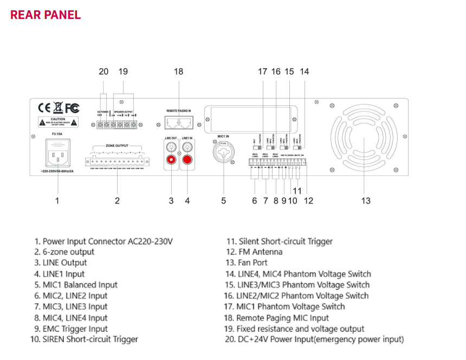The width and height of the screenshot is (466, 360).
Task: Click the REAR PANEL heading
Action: click(x=46, y=15)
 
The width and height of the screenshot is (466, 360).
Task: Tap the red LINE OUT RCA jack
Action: click(x=172, y=160)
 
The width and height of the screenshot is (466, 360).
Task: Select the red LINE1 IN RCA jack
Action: click(x=188, y=160)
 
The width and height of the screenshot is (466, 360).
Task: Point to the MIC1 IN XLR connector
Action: click(x=223, y=153)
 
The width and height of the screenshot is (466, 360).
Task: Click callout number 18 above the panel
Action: click(x=179, y=71)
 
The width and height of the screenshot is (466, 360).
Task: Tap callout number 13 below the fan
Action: click(x=366, y=201)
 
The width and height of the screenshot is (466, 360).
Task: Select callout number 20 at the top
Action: click(x=103, y=71)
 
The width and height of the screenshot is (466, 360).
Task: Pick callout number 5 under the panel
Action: click(x=223, y=201)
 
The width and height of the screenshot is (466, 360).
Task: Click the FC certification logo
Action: click(x=72, y=107)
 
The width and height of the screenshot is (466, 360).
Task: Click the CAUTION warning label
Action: click(x=57, y=121)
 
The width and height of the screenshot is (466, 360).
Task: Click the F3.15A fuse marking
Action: click(x=57, y=133)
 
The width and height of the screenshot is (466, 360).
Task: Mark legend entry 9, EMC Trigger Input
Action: click(x=70, y=329)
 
